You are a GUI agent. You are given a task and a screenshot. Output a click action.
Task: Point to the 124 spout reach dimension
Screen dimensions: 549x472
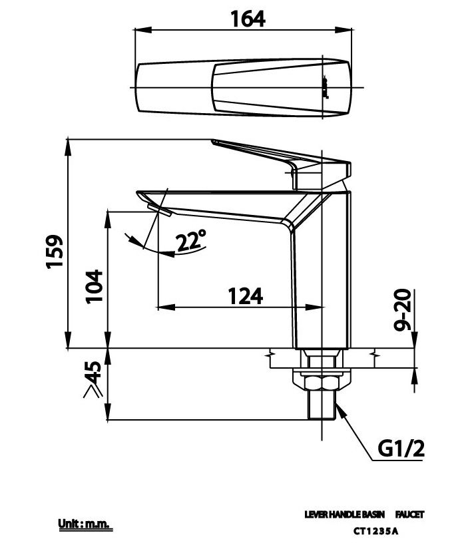[245, 295]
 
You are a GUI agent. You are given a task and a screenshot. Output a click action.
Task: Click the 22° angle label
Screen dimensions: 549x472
[191, 241]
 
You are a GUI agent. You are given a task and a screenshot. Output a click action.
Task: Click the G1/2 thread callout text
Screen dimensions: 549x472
[401, 449]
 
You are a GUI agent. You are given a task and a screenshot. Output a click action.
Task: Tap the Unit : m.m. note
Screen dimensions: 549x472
[83, 525]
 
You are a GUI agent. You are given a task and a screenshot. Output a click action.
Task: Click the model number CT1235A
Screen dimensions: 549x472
[375, 530]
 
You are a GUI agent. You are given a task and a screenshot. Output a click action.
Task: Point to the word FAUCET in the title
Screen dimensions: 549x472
[409, 514]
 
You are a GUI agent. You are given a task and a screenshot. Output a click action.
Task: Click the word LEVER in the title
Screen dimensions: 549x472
[316, 514]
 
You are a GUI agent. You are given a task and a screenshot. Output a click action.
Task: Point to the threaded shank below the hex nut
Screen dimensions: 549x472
[322, 405]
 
